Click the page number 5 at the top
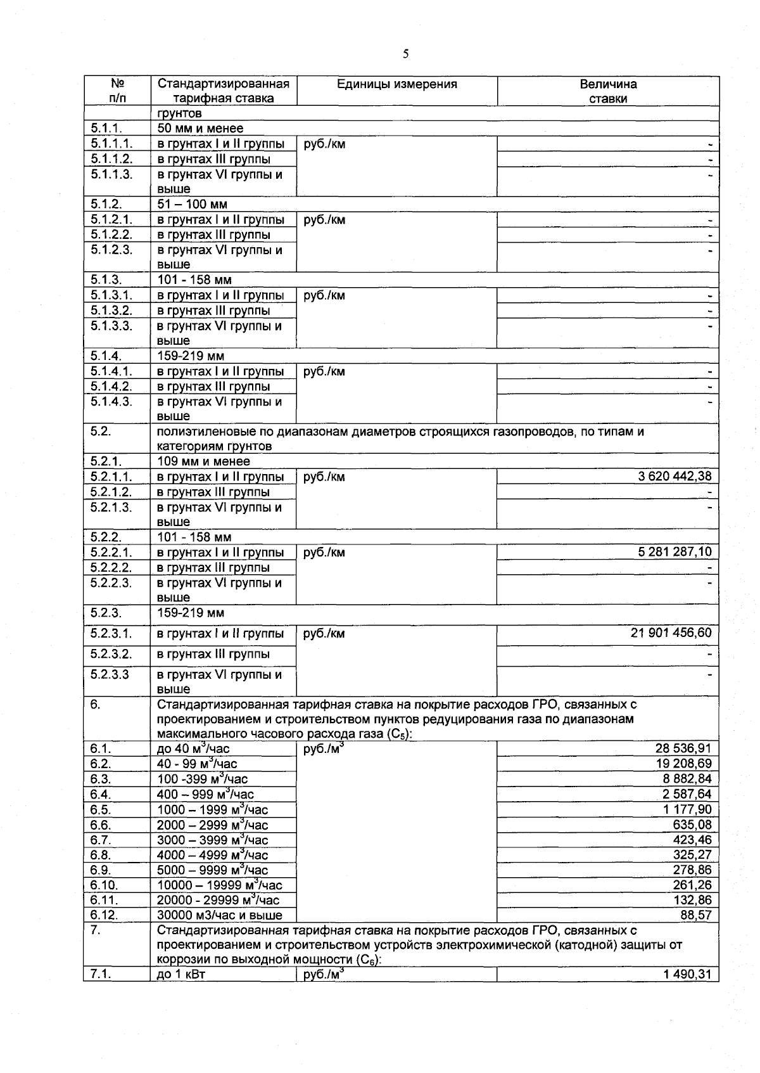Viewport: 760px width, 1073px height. (405, 54)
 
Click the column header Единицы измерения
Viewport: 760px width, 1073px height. (396, 84)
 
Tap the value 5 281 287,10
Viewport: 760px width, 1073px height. (675, 552)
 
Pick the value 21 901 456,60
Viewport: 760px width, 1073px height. (671, 633)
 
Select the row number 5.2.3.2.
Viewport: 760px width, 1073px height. (111, 654)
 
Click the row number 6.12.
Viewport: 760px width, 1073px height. (104, 915)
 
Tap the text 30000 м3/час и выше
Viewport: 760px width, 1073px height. (219, 915)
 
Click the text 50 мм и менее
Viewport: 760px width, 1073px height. (200, 129)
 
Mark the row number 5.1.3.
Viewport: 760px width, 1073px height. (106, 280)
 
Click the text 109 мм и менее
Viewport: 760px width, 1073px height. (203, 461)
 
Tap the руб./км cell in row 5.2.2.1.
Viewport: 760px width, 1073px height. (324, 553)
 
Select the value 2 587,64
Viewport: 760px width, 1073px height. (687, 795)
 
